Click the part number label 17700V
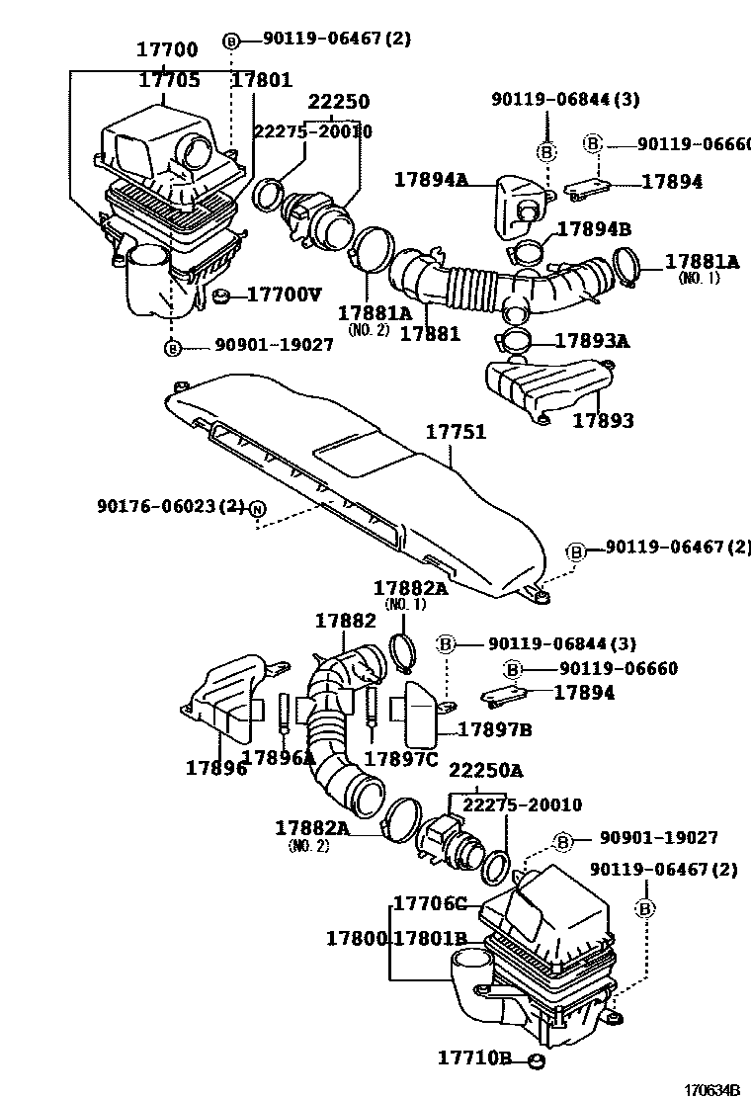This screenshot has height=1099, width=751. pos(284,294)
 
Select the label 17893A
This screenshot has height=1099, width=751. pos(592,341)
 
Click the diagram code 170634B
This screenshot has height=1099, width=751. pos(713,1088)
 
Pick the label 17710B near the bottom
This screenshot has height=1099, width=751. pos(474,1058)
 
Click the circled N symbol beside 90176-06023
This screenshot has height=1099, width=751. pos(257,508)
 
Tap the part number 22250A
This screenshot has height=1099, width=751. pos(486,771)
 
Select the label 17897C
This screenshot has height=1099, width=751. pos(400,758)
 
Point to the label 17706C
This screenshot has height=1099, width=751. pos(430,903)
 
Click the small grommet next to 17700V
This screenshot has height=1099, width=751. pos(222,295)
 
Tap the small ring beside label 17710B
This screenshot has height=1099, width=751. pos(535,1060)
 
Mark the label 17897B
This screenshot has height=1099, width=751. pos(495,729)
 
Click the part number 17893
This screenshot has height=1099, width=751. pos(603,420)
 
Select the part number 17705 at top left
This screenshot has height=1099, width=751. pos(168,80)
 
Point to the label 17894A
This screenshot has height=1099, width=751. pos(431,179)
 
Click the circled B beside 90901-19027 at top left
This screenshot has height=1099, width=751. pos(173,347)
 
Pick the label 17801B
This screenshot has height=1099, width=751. pos(430,938)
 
